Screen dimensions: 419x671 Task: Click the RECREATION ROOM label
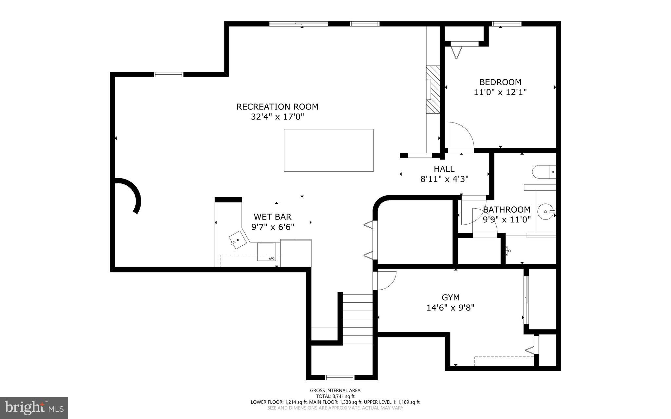pyautogui.click(x=277, y=107)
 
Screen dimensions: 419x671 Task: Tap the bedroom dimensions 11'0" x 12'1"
pyautogui.click(x=500, y=92)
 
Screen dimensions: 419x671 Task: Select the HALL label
pyautogui.click(x=444, y=169)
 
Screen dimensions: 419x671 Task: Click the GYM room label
pyautogui.click(x=451, y=297)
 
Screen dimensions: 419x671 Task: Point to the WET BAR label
pyautogui.click(x=272, y=217)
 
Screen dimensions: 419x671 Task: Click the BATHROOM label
pyautogui.click(x=507, y=210)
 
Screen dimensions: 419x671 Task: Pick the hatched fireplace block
pyautogui.click(x=433, y=89)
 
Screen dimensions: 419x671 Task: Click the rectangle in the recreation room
pyautogui.click(x=328, y=150)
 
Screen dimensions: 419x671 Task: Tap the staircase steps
pyautogui.click(x=357, y=319)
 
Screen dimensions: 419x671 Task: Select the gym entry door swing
pyautogui.click(x=386, y=280)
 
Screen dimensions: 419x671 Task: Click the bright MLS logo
pyautogui.click(x=34, y=408)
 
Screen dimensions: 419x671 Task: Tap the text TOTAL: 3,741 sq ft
pyautogui.click(x=335, y=396)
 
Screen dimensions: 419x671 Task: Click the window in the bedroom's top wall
pyautogui.click(x=507, y=24)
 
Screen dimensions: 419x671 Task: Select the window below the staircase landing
pyautogui.click(x=339, y=377)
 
